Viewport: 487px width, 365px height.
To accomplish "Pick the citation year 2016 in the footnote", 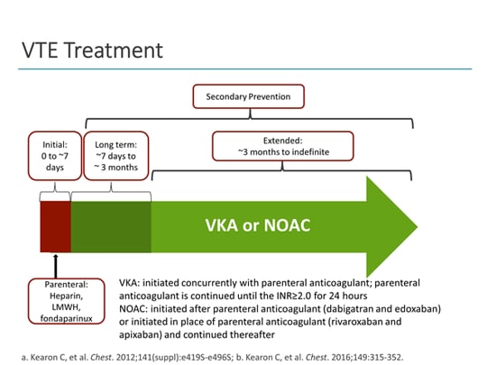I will tap(342, 356).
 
